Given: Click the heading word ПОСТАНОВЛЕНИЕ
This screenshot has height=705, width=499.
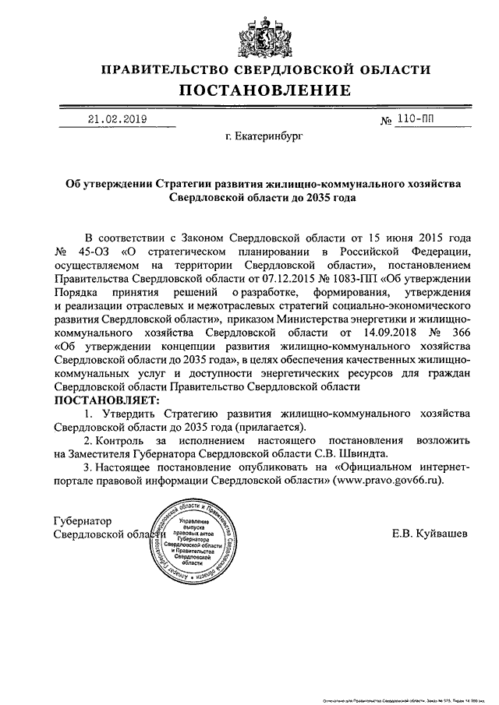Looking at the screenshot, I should point(249,92).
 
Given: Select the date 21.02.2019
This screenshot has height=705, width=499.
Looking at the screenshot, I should point(117,120).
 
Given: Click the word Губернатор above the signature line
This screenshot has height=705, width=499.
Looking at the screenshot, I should point(83,520).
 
